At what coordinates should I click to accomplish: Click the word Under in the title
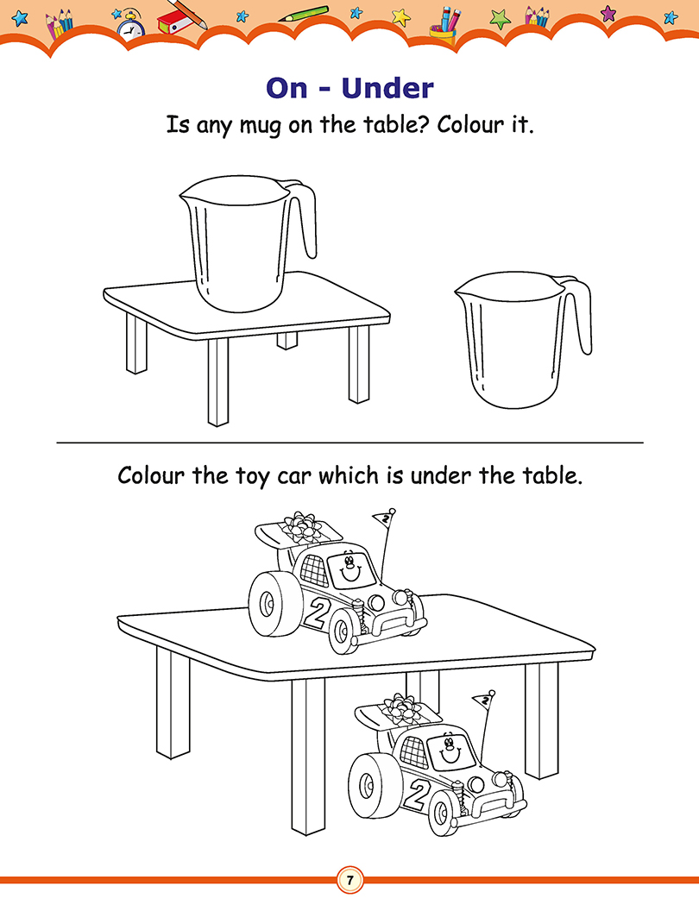coord(387,88)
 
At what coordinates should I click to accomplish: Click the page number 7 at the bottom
coord(349,880)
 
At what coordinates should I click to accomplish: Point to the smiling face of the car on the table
coord(348,568)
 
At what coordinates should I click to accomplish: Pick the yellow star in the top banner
coord(400,17)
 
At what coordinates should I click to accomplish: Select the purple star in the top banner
coord(608,13)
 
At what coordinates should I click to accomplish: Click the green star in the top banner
coord(500,19)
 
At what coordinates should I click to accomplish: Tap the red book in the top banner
coord(173,24)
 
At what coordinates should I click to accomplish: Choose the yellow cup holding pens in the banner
coord(443,33)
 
